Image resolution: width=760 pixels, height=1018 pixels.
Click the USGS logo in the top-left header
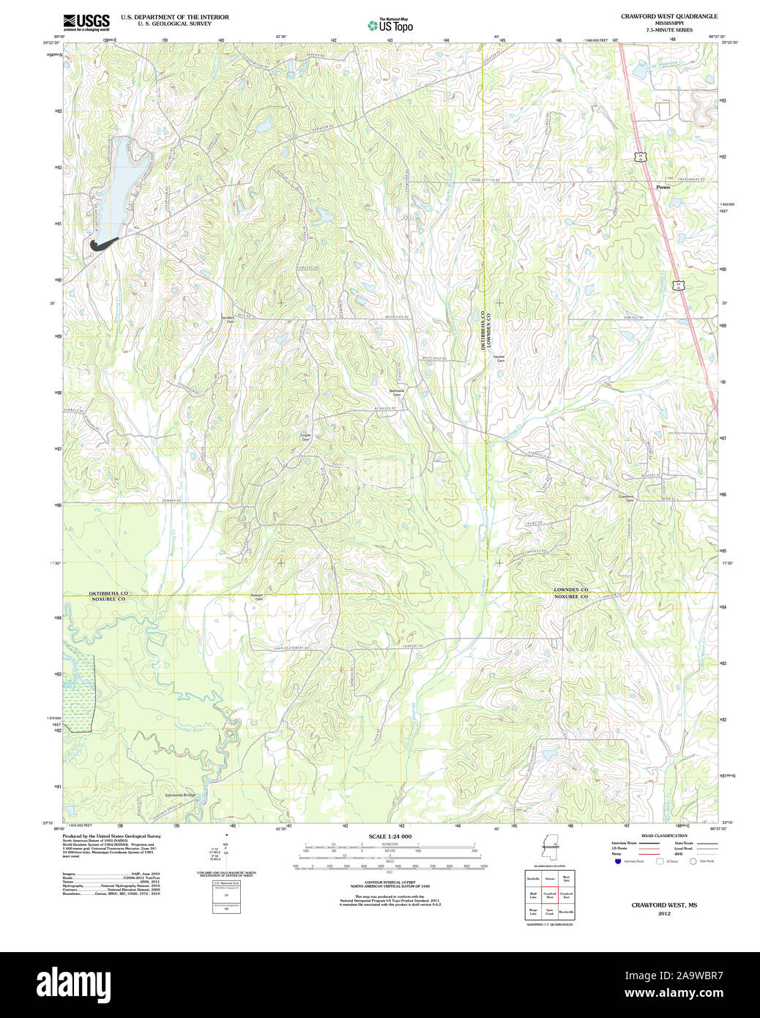86,21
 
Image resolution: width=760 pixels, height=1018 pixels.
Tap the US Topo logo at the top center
390,26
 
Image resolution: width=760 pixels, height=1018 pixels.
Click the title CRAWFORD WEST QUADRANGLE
669,16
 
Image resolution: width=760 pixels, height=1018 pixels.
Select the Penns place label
663,187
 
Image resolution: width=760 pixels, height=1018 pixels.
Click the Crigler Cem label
305,437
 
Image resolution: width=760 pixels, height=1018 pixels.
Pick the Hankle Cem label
501,359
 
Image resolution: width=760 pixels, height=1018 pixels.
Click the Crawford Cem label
626,498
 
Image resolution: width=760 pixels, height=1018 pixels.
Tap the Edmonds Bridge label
180,795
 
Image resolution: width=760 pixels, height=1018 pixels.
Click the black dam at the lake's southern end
102,245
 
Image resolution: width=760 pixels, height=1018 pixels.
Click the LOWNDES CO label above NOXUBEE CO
570,590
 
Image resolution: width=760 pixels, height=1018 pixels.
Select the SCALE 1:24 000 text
390,836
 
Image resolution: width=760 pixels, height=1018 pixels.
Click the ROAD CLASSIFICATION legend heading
664,836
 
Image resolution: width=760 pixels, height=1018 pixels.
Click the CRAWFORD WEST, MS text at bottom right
664,905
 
